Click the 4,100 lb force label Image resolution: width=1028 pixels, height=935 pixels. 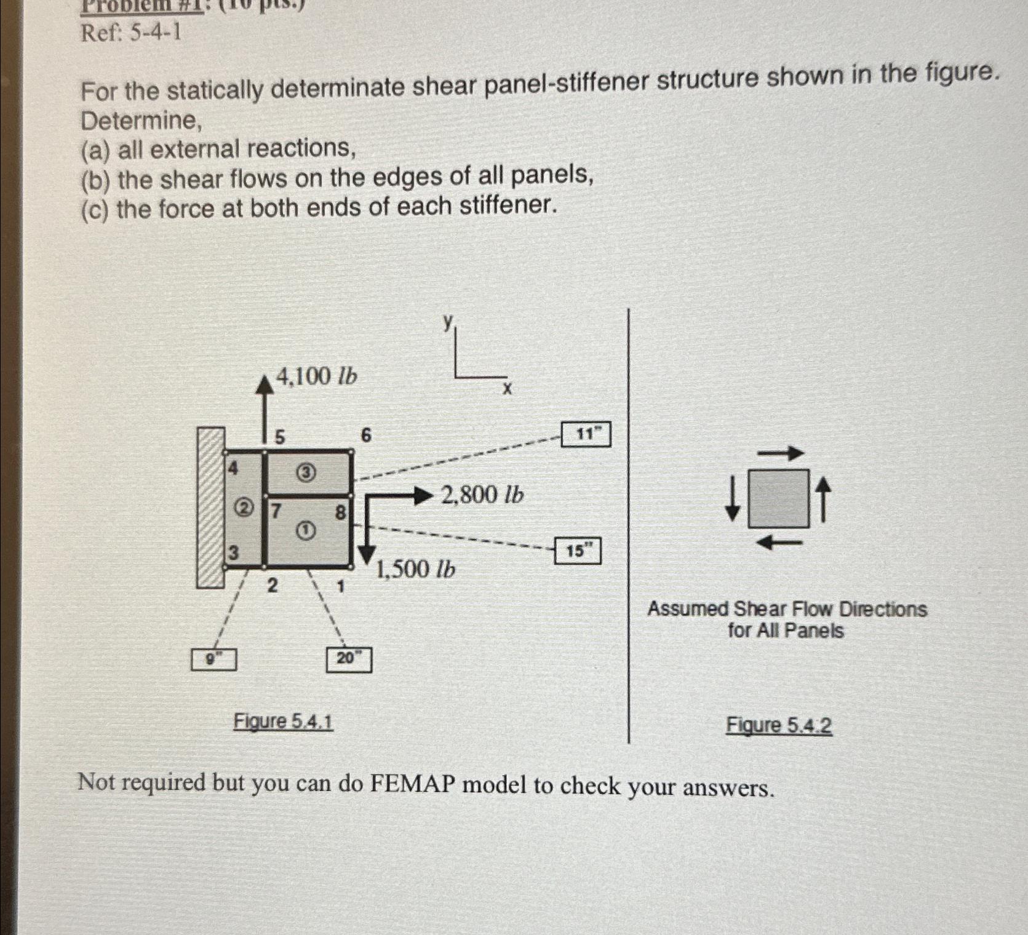[x=316, y=376]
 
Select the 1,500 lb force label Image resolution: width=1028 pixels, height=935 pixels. [x=415, y=569]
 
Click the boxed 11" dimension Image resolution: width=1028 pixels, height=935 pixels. [x=586, y=434]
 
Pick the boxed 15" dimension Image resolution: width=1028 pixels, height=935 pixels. [x=577, y=551]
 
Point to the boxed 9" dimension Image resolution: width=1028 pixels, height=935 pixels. [x=213, y=659]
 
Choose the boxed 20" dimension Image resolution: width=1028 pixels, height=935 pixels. [x=348, y=659]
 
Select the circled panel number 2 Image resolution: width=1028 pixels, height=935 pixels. [x=244, y=509]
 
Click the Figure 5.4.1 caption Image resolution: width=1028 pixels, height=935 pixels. [x=283, y=722]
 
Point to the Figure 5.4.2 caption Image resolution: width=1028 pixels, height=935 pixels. [x=779, y=725]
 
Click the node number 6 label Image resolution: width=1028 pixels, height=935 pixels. [x=365, y=436]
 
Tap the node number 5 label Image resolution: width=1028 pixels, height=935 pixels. [x=279, y=437]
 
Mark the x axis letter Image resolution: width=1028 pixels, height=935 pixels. [x=507, y=389]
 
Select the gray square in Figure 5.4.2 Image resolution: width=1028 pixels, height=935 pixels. [x=778, y=499]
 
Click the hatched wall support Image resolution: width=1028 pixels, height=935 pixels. [x=210, y=507]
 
